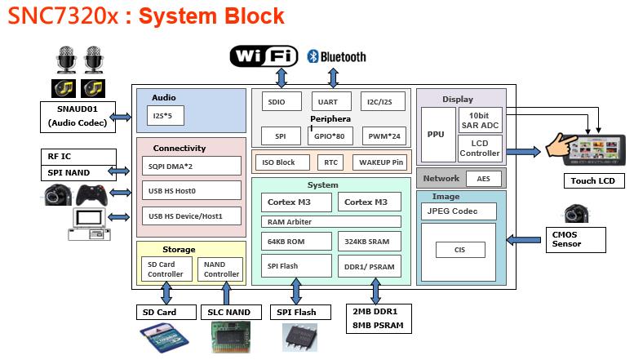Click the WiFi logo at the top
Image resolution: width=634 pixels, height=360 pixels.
pos(262,56)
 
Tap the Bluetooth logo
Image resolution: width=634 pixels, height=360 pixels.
pos(336,56)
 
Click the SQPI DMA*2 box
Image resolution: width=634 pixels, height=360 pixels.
pos(192,166)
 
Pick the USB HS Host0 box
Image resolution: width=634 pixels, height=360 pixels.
pos(192,191)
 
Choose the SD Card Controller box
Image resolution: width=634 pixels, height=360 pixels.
pos(166,269)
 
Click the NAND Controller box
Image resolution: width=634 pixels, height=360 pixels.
pos(220,269)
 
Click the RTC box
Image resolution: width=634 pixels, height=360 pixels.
pos(330,162)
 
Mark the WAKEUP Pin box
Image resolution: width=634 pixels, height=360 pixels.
pos(381,162)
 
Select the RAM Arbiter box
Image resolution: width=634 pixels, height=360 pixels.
pos(333,221)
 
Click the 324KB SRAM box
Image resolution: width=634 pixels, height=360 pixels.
pos(369,242)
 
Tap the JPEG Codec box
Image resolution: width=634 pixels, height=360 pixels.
pos(461,211)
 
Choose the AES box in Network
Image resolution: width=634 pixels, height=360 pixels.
pos(483,178)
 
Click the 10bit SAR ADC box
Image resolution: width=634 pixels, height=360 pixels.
pos(480,119)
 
